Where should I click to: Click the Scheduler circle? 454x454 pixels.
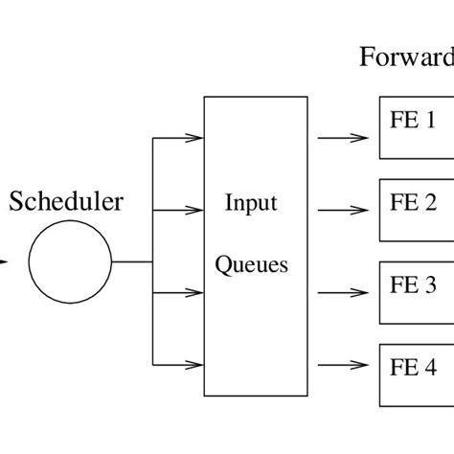pyautogui.click(x=70, y=261)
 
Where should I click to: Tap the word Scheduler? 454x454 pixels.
pyautogui.click(x=66, y=202)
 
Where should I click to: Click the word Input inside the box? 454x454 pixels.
pyautogui.click(x=251, y=203)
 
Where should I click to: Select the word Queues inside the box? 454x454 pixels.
pyautogui.click(x=251, y=264)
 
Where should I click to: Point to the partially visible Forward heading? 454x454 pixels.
pyautogui.click(x=406, y=58)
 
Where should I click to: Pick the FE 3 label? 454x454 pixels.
pyautogui.click(x=413, y=284)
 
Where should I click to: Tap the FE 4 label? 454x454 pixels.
pyautogui.click(x=413, y=367)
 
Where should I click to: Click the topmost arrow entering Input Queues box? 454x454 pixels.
pyautogui.click(x=179, y=137)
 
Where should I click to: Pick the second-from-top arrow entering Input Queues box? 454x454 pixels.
pyautogui.click(x=179, y=209)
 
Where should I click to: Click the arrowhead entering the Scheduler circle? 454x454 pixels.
pyautogui.click(x=5, y=261)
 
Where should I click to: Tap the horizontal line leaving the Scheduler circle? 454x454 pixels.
pyautogui.click(x=132, y=261)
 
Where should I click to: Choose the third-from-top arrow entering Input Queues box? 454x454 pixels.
pyautogui.click(x=179, y=291)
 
